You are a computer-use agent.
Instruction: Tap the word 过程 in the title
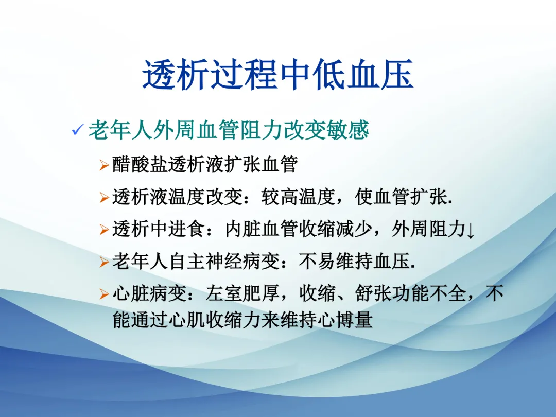point(244,74)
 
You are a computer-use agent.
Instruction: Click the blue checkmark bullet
point(78,129)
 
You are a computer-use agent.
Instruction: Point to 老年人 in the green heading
point(120,130)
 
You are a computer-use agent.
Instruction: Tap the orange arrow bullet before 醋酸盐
point(104,165)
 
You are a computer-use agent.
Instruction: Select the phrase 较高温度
point(299,197)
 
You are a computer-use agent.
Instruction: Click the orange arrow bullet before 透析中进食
point(104,230)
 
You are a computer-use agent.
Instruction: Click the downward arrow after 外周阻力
point(471,231)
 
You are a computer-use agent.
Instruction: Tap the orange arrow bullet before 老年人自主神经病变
point(104,262)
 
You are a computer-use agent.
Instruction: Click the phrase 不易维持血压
point(355,262)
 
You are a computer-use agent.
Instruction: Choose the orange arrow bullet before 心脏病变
point(104,294)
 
